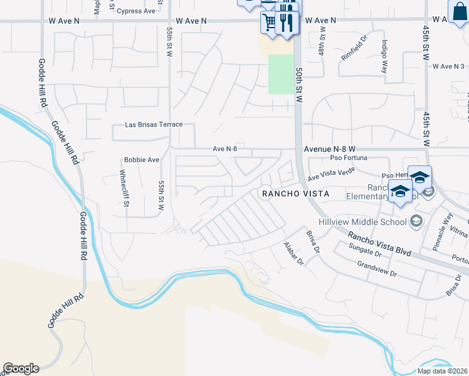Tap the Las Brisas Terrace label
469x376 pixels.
point(154,125)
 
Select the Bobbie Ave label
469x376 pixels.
point(142,160)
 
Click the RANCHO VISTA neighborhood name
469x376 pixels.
point(295,194)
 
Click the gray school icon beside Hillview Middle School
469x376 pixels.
point(415,221)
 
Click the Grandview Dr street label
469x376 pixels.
point(377,270)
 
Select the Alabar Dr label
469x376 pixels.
point(293,253)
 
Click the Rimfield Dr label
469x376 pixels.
point(354,50)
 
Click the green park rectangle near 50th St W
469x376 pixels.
point(281,74)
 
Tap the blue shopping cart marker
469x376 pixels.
point(270,23)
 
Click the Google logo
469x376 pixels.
point(21,368)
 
